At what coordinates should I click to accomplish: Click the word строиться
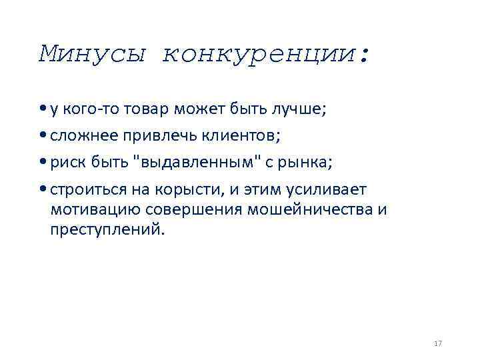point(84,191)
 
